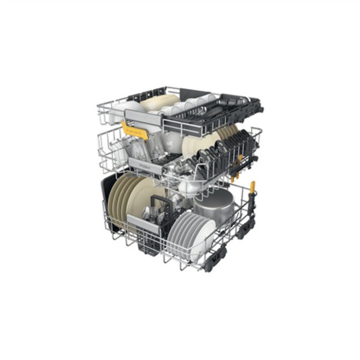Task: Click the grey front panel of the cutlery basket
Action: [143, 223]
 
